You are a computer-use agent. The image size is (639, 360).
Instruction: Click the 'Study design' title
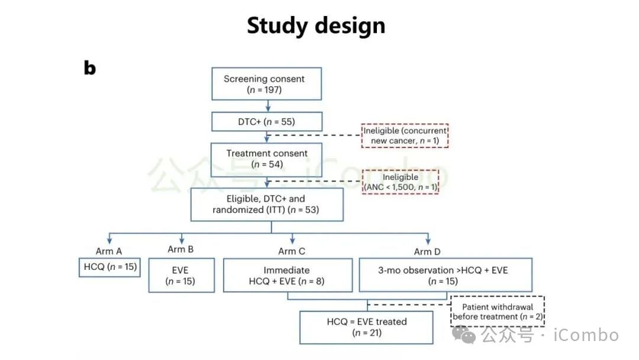316,25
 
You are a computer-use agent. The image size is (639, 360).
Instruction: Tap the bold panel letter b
90,67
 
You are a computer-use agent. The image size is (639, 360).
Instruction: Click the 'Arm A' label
109,251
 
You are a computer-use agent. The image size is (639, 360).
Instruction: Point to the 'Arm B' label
180,249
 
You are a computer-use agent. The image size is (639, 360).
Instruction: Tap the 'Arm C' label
291,251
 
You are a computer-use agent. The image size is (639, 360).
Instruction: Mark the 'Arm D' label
427,252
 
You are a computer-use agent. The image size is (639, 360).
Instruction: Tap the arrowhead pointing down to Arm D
428,242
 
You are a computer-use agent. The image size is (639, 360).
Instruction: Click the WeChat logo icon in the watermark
464,335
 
